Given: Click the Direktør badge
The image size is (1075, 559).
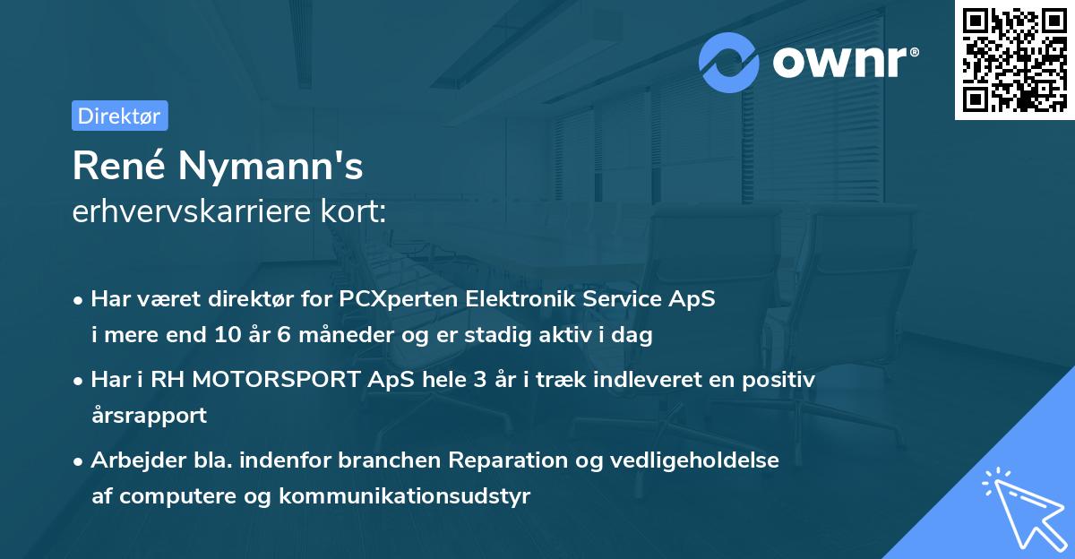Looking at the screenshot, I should [x=119, y=116].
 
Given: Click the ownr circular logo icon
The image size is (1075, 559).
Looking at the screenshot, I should [x=729, y=62].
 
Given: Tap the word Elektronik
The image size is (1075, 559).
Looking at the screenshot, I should [x=520, y=300].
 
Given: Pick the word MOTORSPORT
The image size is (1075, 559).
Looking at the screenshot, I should [x=261, y=380].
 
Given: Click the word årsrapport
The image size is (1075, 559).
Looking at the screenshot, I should [x=149, y=416].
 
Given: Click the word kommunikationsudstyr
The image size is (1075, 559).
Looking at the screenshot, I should [x=405, y=496].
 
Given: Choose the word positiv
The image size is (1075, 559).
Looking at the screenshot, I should [x=780, y=380].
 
